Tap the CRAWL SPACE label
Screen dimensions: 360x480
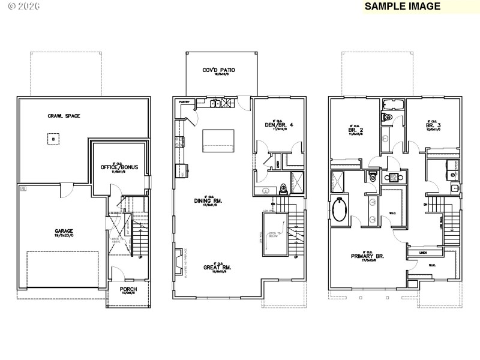[64, 116]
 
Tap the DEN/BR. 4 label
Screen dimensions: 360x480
[278, 125]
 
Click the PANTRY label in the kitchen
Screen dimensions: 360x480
[184, 102]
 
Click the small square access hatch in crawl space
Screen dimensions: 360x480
[53, 139]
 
